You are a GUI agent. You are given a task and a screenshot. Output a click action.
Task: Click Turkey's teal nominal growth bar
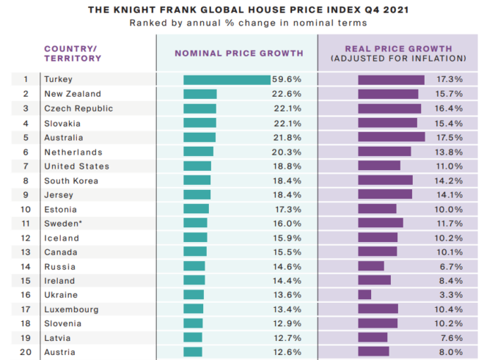[x=227, y=79]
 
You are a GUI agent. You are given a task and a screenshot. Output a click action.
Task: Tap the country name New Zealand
[x=73, y=94]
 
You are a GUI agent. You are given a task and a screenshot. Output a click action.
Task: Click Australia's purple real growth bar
[x=391, y=137]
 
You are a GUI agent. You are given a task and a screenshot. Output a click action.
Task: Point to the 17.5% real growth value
[x=449, y=137]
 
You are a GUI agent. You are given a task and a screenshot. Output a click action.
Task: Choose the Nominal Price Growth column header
[x=238, y=53]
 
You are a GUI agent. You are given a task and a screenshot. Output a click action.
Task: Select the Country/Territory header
[x=73, y=53]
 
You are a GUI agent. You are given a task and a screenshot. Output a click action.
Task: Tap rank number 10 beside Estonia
[x=26, y=209]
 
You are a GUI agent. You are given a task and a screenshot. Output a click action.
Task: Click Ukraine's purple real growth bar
[x=364, y=295]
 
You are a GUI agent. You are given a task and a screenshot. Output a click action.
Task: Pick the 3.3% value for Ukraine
[x=452, y=295]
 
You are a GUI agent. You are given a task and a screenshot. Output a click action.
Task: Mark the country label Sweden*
[x=64, y=223]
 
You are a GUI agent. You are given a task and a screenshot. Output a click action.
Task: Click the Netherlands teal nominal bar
[x=198, y=151]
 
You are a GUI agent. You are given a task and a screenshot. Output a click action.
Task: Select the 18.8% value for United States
[x=287, y=166]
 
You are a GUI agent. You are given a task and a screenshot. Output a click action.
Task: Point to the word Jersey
[x=59, y=194]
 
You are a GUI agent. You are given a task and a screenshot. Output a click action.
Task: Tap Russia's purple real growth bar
[x=370, y=266]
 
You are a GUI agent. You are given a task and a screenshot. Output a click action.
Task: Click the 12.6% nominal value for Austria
[x=287, y=352]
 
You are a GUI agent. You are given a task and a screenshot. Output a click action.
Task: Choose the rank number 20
[x=26, y=352]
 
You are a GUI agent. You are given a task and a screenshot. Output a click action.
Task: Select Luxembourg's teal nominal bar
[x=193, y=309]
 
